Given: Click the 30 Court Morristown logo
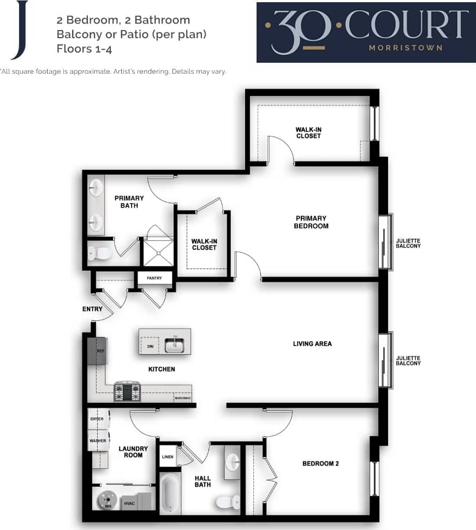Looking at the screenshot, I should pyautogui.click(x=366, y=32).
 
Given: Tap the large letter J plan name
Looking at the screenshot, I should pyautogui.click(x=20, y=30).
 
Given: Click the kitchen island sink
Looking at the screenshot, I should pyautogui.click(x=175, y=344).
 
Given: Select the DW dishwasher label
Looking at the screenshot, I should pyautogui.click(x=150, y=346).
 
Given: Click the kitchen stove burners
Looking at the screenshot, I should pyautogui.click(x=127, y=391).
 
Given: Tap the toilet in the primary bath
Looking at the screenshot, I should pyautogui.click(x=99, y=253).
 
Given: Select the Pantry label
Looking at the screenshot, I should pyautogui.click(x=154, y=278).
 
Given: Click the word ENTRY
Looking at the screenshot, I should pyautogui.click(x=92, y=309).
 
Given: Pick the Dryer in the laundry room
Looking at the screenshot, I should pyautogui.click(x=98, y=419).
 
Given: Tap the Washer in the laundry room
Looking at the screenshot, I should pyautogui.click(x=98, y=440).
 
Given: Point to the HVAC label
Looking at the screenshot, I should pyautogui.click(x=129, y=503).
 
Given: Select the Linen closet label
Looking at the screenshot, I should pyautogui.click(x=168, y=456).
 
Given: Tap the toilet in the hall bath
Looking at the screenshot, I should pyautogui.click(x=227, y=501).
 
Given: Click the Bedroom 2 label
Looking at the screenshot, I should pyautogui.click(x=321, y=464).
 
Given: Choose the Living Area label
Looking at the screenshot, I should pyautogui.click(x=312, y=344).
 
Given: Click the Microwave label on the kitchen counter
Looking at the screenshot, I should pyautogui.click(x=182, y=398).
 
